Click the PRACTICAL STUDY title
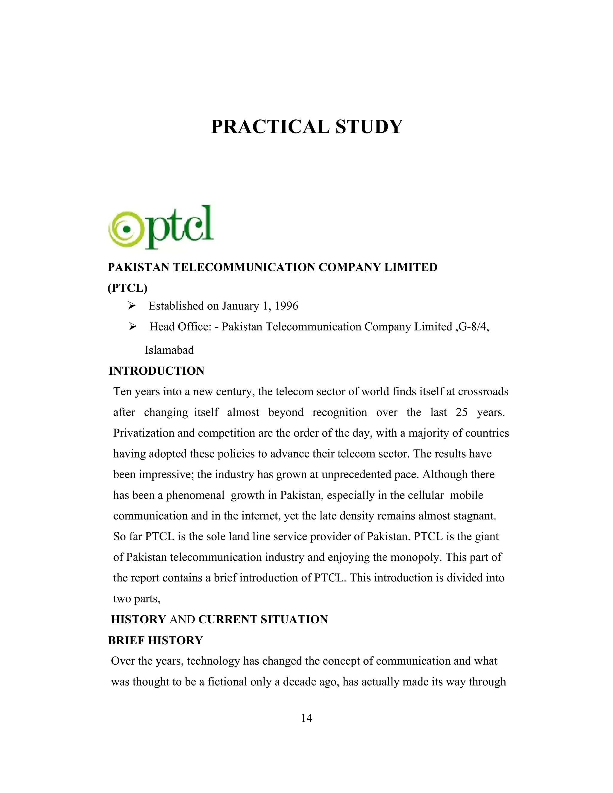[x=306, y=127]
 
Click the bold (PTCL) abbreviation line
[x=128, y=288]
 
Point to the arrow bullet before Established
[x=131, y=306]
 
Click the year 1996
[x=286, y=306]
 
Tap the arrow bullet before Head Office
[x=131, y=327]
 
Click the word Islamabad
[x=169, y=350]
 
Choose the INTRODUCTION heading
[x=156, y=371]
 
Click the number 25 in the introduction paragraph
[x=462, y=412]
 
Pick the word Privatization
[x=145, y=433]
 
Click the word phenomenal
[x=195, y=495]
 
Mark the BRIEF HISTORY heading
[x=155, y=640]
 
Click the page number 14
[x=306, y=718]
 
